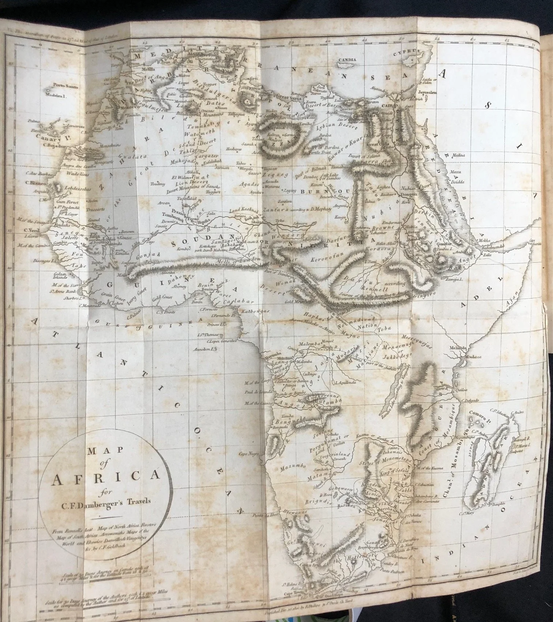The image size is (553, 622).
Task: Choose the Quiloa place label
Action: (x=461, y=390)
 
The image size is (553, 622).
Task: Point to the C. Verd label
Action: (x=31, y=230)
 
